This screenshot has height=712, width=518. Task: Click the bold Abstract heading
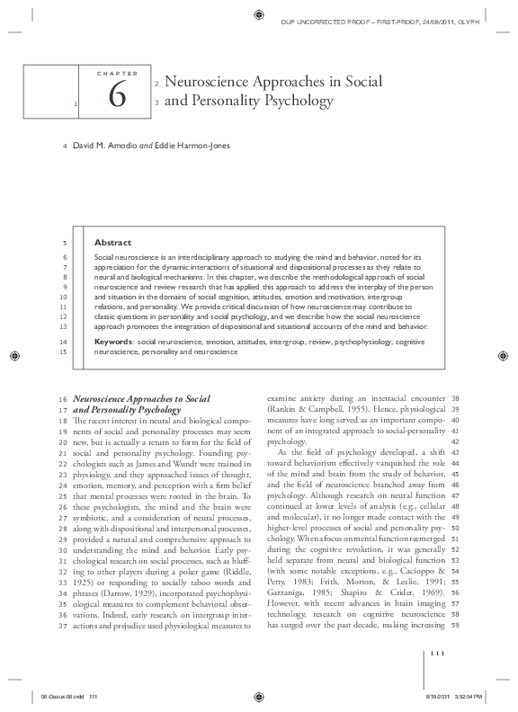pos(112,243)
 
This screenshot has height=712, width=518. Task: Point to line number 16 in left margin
pos(61,397)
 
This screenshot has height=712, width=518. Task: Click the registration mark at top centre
pos(259,13)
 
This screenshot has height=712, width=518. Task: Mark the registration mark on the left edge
pos(13,356)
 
